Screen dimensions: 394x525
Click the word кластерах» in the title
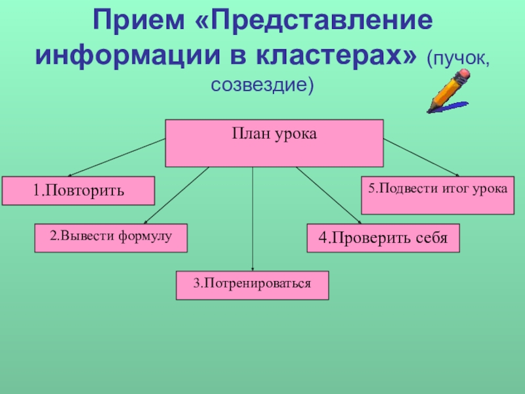coord(348,57)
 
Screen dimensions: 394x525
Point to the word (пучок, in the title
coord(457,59)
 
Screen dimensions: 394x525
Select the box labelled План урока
coord(274,143)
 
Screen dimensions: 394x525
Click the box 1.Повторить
coord(78,190)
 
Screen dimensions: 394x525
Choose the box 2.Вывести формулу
coord(111,238)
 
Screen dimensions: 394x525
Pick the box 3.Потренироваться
coord(252,285)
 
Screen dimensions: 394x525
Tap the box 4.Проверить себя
coord(383,238)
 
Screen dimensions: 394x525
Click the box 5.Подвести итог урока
coord(437,195)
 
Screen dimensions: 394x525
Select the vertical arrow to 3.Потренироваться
coord(253,217)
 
